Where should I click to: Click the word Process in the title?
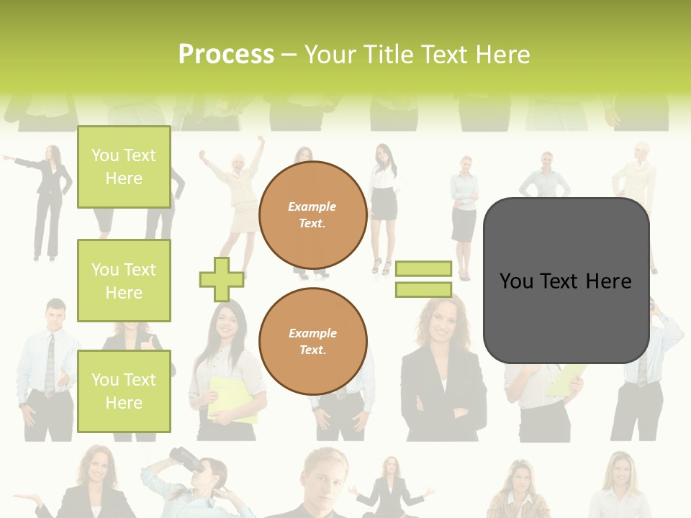(226, 55)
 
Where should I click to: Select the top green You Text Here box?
(124, 167)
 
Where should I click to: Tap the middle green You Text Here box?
(124, 281)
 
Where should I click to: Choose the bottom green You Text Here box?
(124, 391)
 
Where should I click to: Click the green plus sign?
(221, 279)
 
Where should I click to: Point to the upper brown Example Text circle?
(313, 215)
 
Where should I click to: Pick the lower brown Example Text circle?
(313, 342)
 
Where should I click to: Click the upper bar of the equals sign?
(423, 269)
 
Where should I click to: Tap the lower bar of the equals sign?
(423, 290)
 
